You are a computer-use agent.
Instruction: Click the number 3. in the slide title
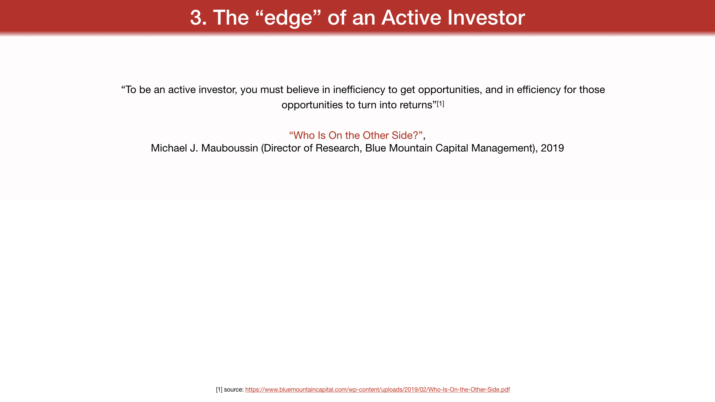coord(198,17)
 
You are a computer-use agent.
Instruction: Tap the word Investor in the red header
coord(486,17)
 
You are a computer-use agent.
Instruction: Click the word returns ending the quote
coord(416,105)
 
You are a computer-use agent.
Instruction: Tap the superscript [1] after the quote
coord(441,103)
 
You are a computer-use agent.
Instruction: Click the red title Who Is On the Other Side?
coord(356,135)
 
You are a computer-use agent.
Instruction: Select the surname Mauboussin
coord(229,148)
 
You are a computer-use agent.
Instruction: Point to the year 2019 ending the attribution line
coord(552,148)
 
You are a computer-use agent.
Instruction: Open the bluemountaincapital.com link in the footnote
coord(377,390)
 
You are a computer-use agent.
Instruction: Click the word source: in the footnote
coord(234,390)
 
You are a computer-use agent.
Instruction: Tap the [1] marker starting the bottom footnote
coord(219,390)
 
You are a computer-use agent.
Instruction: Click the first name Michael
coord(169,148)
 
